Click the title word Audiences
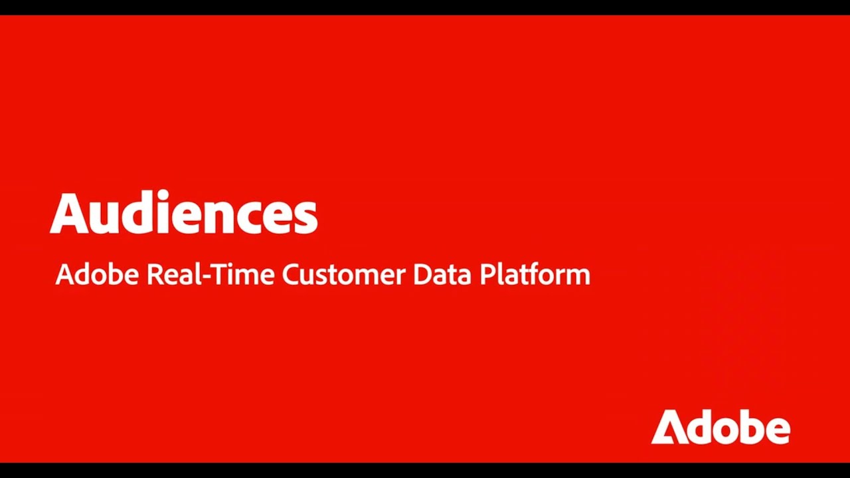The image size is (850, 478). (184, 214)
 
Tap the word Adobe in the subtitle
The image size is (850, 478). (97, 274)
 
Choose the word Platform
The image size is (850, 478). (535, 274)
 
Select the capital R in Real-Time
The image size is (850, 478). (154, 274)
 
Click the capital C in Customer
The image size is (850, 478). (291, 274)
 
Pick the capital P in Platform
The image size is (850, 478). (486, 274)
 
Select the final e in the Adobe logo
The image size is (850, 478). (778, 431)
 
